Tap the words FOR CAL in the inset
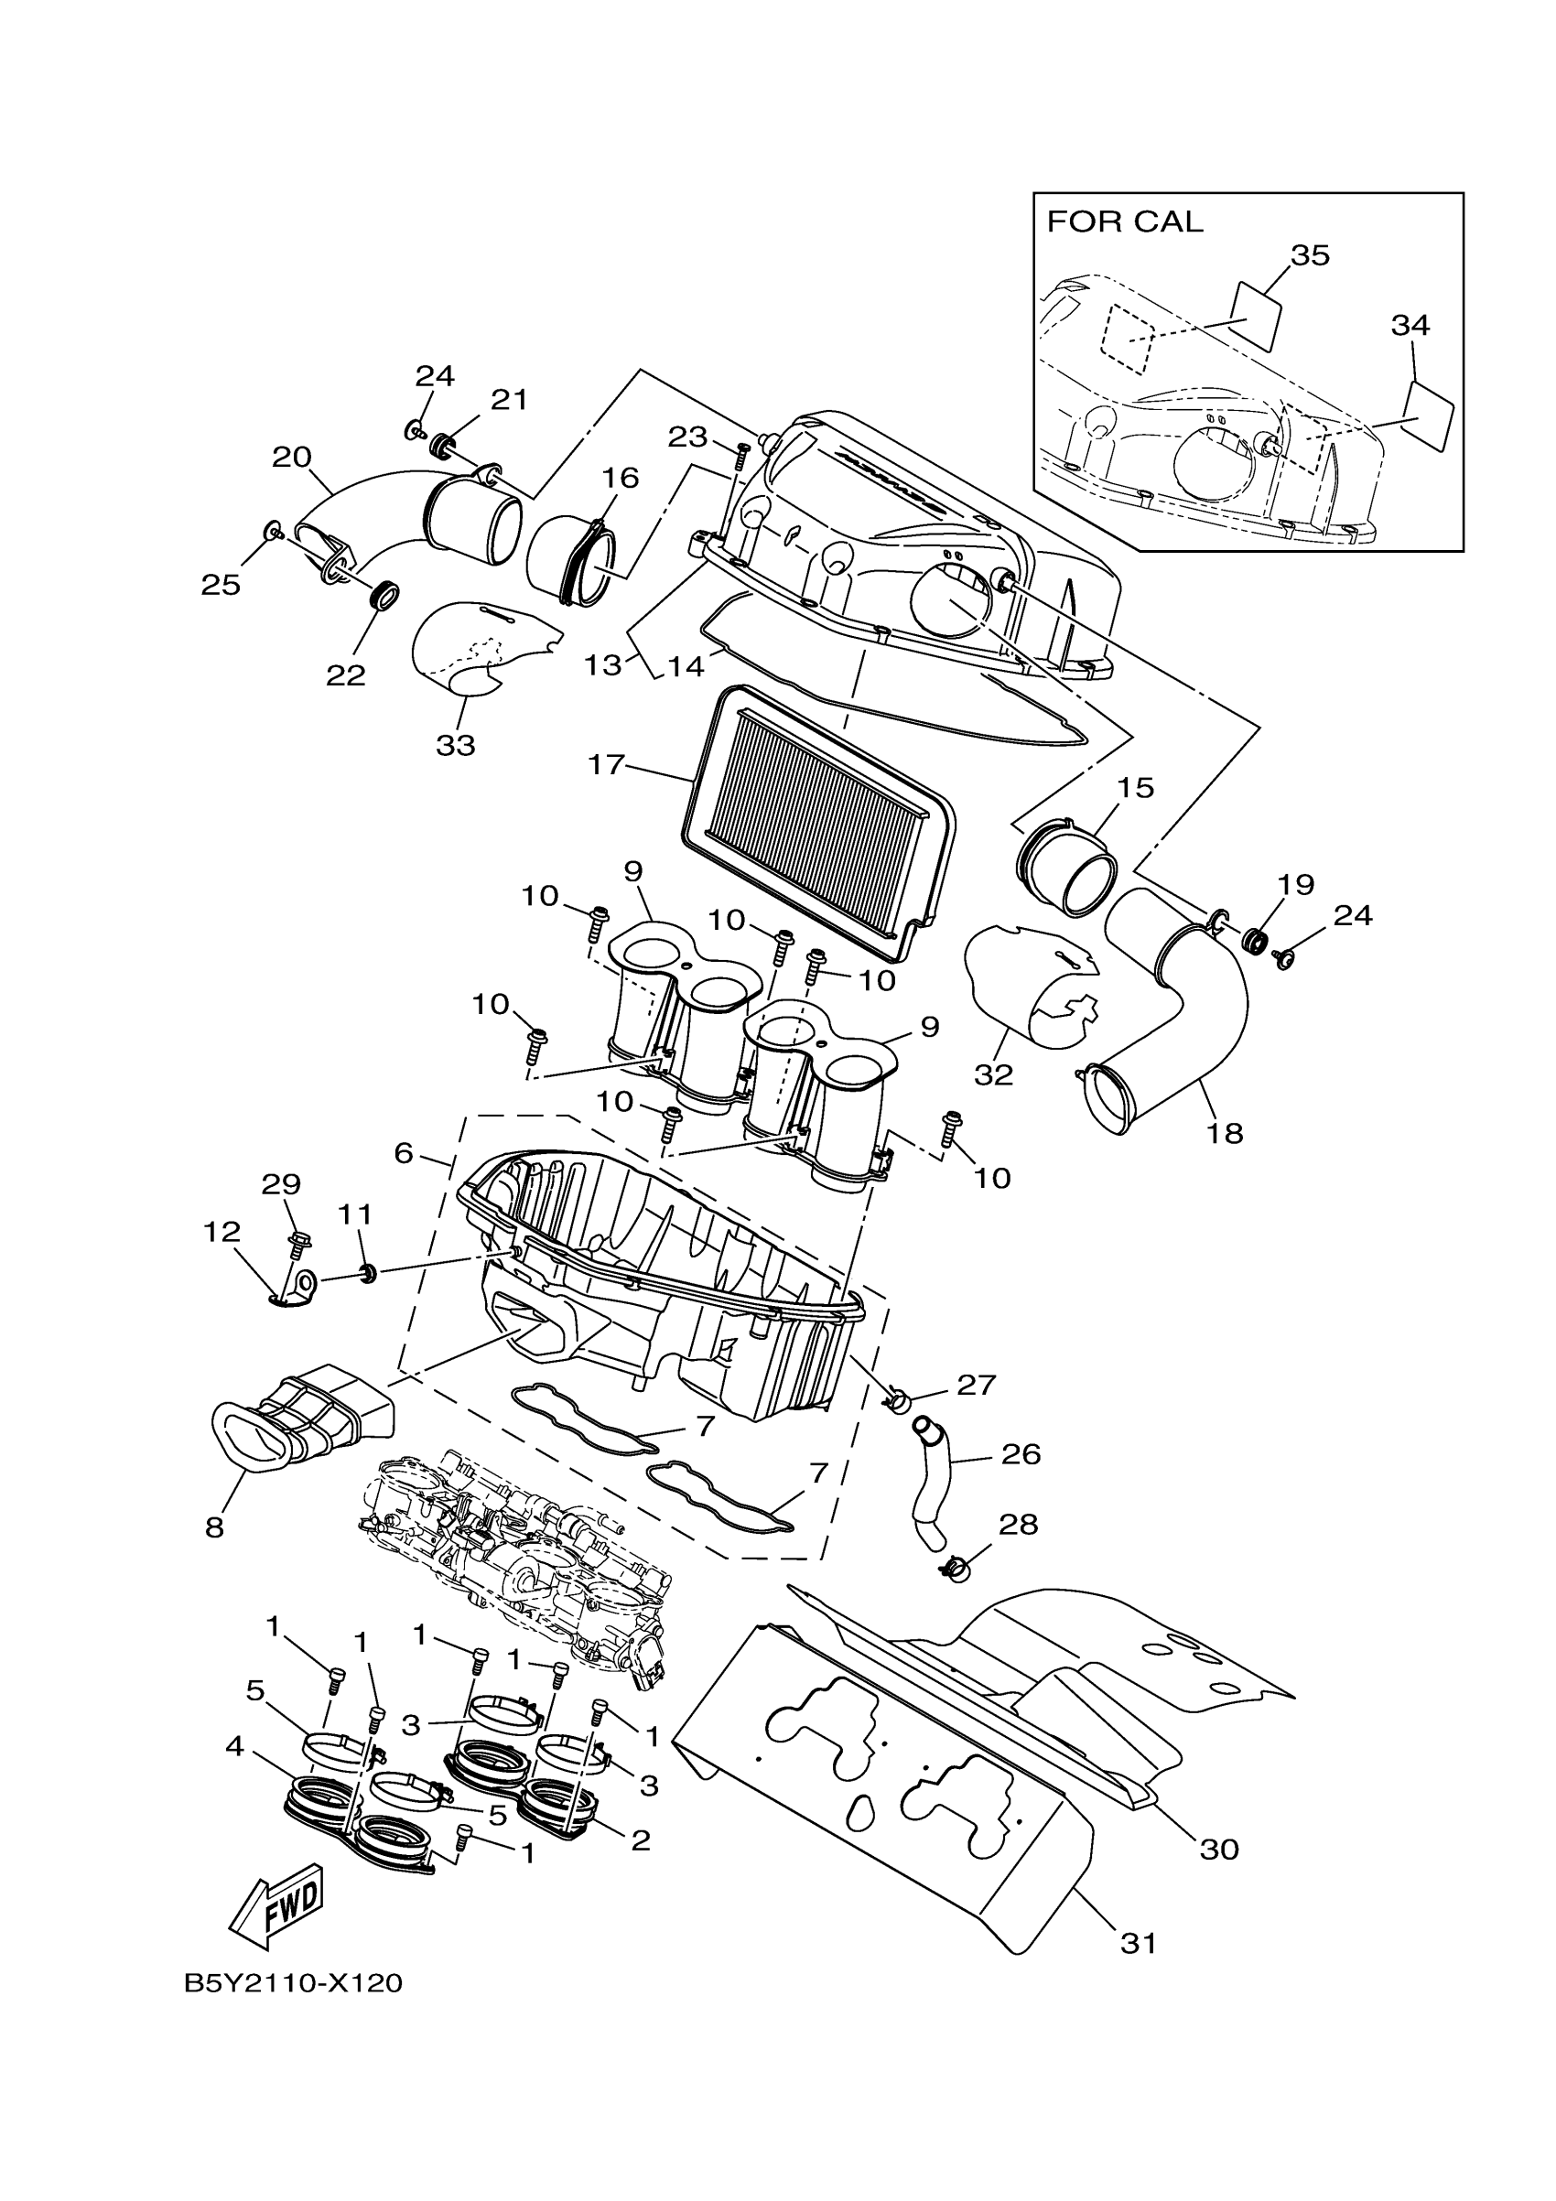point(1124,222)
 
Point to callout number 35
point(1310,256)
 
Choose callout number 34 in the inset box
point(1410,326)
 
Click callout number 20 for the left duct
point(291,458)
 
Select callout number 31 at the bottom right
point(1138,1942)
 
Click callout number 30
point(1219,1849)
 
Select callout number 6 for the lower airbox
point(404,1153)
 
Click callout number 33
point(456,745)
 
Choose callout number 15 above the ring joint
point(1135,788)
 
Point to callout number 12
point(222,1232)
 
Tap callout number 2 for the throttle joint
point(640,1840)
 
